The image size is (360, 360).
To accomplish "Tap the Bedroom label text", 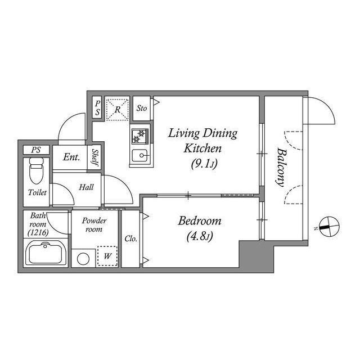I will (200, 220).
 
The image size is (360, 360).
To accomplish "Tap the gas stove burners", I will (139, 136).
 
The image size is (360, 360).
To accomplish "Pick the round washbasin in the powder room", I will (84, 259).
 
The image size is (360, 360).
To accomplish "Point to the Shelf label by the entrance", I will (96, 158).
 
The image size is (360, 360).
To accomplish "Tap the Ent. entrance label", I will (71, 157).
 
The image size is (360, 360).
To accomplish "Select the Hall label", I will (86, 187).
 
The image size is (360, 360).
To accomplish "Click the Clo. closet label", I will (130, 238).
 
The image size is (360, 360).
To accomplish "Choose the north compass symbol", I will (326, 227).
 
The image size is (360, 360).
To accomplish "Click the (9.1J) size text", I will (203, 164).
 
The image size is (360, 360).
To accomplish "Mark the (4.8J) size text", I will (200, 236).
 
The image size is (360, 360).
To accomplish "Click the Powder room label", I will (93, 225).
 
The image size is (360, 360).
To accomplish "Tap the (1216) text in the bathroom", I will (38, 231).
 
